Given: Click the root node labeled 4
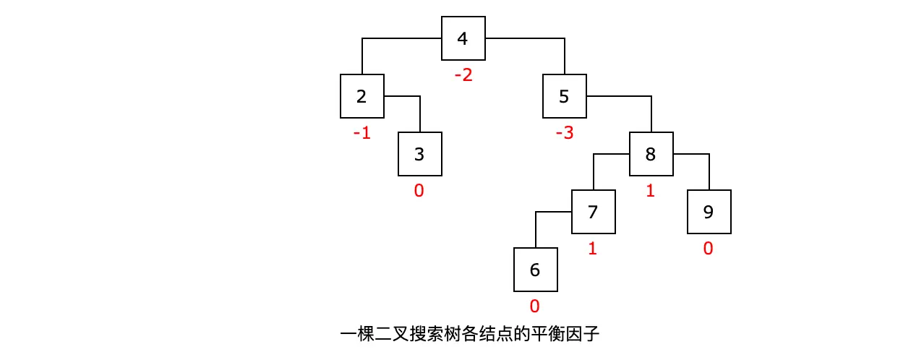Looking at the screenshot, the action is pyautogui.click(x=463, y=38).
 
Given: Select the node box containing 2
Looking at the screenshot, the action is pyautogui.click(x=362, y=96).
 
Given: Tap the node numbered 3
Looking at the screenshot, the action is pyautogui.click(x=419, y=154).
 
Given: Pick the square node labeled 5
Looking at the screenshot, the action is pyautogui.click(x=564, y=96).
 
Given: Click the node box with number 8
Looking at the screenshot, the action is pyautogui.click(x=651, y=154).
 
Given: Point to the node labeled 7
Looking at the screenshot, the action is pyautogui.click(x=593, y=212).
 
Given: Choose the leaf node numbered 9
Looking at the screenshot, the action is pyautogui.click(x=709, y=212).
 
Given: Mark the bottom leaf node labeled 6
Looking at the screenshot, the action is pyautogui.click(x=535, y=270).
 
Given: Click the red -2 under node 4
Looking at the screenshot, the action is pyautogui.click(x=463, y=74).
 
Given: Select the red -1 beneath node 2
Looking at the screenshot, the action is pyautogui.click(x=362, y=133).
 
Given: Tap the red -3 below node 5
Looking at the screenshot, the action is pyautogui.click(x=564, y=133).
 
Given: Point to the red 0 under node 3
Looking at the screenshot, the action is pyautogui.click(x=419, y=191).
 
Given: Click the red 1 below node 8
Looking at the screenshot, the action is pyautogui.click(x=650, y=191).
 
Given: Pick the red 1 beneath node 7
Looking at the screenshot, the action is pyautogui.click(x=592, y=249).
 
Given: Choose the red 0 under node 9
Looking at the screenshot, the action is pyautogui.click(x=708, y=249).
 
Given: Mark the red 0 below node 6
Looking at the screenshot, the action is pyautogui.click(x=534, y=307).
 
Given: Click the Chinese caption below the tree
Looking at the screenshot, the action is pyautogui.click(x=470, y=335).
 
